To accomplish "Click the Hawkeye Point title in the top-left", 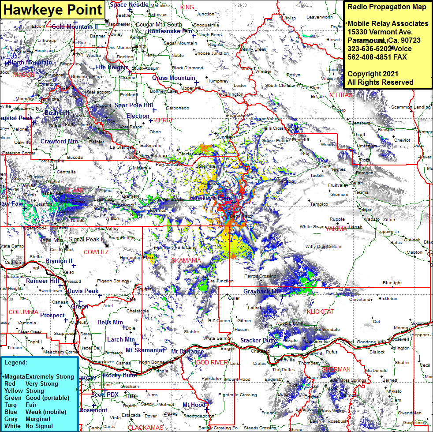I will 52,10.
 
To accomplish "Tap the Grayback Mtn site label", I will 262,292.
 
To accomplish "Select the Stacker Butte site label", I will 258,340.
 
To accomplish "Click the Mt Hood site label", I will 194,405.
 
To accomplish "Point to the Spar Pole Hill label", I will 134,105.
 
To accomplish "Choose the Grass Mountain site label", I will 173,78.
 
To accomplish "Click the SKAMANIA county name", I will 186,261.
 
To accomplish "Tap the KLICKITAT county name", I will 320,312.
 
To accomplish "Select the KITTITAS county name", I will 341,95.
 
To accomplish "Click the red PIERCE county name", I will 164,120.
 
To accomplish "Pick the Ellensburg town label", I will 359,123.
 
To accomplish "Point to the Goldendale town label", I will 328,329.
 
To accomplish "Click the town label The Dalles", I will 283,369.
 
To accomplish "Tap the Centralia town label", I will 66,172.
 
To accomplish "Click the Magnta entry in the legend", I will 14,376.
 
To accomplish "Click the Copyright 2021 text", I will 373,74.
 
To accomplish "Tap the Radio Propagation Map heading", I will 387,7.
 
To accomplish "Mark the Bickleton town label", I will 388,298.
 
